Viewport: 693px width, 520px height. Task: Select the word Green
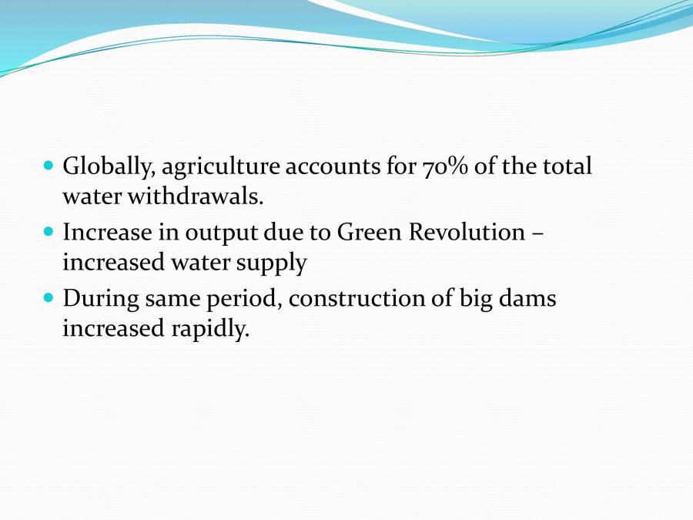369,232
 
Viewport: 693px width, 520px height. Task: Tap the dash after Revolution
537,233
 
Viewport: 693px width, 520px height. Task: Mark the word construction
357,298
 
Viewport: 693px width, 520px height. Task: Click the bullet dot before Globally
49,165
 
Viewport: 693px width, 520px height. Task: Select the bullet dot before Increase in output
49,231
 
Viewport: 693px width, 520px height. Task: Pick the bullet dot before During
49,297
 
